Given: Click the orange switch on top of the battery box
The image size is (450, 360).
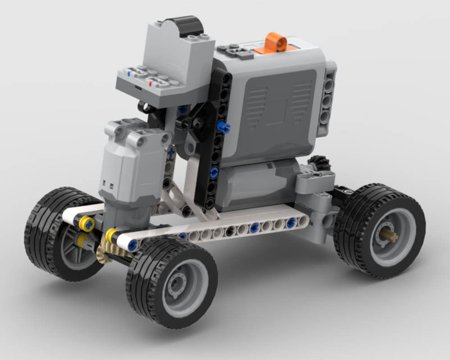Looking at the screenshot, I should pos(276,44).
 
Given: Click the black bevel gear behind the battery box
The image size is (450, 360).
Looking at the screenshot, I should pos(319,164).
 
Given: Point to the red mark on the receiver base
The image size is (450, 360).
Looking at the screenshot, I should pos(150,83).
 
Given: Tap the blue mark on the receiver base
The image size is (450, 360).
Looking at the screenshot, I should pos(130,72).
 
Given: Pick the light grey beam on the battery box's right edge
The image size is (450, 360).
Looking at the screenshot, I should pos(329,99).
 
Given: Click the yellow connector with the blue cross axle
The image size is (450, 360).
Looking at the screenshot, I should pos(87,223).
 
